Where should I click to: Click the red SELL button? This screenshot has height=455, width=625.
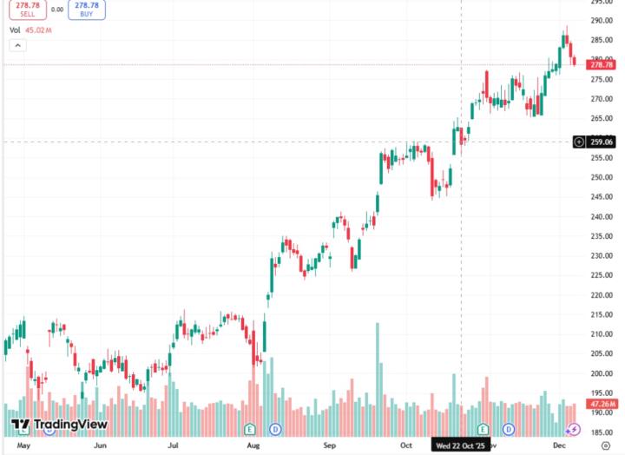pos(27,10)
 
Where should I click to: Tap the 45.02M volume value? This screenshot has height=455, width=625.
pos(39,30)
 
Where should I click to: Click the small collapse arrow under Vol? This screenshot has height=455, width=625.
pos(16,45)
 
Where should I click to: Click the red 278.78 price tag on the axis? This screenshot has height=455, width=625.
pos(601,64)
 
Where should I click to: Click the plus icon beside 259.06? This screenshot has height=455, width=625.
pos(579,142)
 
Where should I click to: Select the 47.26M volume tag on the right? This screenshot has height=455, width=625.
pos(602,404)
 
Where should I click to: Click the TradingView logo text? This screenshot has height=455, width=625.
pos(69,425)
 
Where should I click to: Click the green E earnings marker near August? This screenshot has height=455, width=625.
pos(250,429)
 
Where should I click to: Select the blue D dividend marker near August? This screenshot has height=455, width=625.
pos(276,429)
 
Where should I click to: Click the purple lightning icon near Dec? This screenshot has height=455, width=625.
pos(573,429)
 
